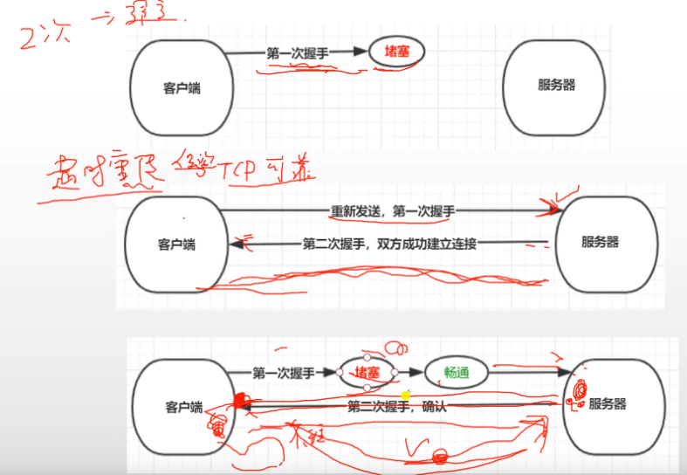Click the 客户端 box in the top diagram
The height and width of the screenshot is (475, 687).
click(182, 88)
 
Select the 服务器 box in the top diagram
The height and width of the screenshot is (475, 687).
click(556, 85)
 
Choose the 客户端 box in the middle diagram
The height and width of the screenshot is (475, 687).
click(177, 244)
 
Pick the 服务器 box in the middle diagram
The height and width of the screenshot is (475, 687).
click(600, 242)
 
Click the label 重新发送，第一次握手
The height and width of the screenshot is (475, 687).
click(392, 210)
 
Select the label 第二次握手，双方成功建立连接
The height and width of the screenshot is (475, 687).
click(389, 244)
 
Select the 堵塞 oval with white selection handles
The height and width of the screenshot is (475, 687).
click(367, 373)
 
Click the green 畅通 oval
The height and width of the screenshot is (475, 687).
click(457, 373)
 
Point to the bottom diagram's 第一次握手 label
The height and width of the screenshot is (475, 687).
click(283, 373)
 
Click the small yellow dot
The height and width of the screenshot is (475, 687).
click(405, 396)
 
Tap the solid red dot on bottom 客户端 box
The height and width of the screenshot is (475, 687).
click(237, 401)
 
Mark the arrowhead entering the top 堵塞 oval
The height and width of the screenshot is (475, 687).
click(362, 52)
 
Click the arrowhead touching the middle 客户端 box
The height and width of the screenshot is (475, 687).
click(237, 244)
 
